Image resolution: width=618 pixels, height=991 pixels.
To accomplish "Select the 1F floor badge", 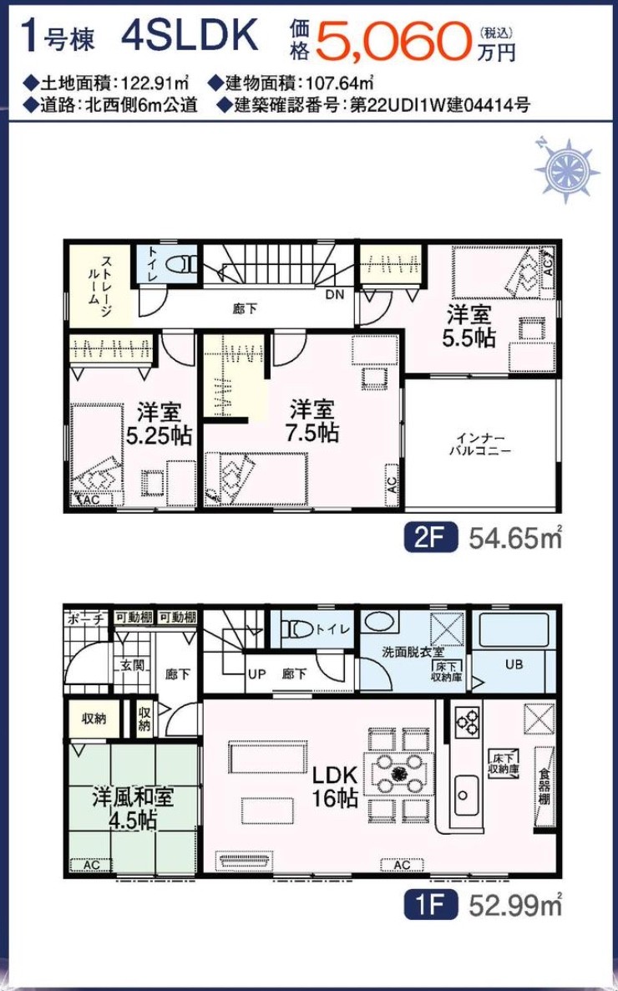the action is [x=430, y=906].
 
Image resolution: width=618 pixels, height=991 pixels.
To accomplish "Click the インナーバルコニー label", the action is [x=479, y=445].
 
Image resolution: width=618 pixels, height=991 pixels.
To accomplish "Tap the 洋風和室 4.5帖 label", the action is [x=133, y=808].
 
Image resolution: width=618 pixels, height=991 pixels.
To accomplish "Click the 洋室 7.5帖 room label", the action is [x=313, y=420].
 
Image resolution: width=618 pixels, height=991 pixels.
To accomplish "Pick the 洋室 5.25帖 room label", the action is [x=160, y=424].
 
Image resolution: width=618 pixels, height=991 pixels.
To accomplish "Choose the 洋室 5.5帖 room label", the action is [x=469, y=326].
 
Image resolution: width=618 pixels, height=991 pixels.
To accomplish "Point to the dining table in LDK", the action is [x=398, y=772].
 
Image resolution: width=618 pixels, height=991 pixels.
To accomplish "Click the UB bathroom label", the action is [x=514, y=665].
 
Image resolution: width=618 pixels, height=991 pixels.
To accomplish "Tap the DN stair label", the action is [x=335, y=294].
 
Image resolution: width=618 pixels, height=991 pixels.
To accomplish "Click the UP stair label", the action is [x=256, y=673].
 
